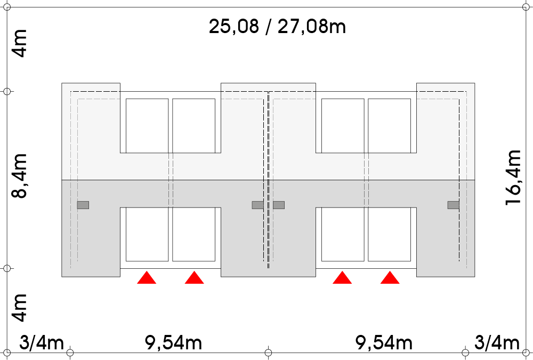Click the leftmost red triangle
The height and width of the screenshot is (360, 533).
pyautogui.click(x=147, y=278)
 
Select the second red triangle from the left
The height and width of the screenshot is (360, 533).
pyautogui.click(x=195, y=278)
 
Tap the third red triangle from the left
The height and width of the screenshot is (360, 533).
pyautogui.click(x=342, y=278)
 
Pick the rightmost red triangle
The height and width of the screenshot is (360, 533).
pyautogui.click(x=390, y=278)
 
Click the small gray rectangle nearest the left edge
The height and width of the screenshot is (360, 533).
pyautogui.click(x=83, y=205)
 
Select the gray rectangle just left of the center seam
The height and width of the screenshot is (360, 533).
pyautogui.click(x=257, y=205)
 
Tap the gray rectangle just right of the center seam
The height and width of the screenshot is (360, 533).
pyautogui.click(x=279, y=205)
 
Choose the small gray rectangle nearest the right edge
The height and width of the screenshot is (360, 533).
pyautogui.click(x=453, y=205)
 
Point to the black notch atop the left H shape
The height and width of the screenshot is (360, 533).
pyautogui.click(x=171, y=117)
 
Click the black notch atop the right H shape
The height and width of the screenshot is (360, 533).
pyautogui.click(x=366, y=117)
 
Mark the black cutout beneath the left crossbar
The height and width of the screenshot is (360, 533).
pyautogui.click(x=171, y=240)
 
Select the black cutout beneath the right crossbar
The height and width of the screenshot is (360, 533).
pyautogui.click(x=366, y=240)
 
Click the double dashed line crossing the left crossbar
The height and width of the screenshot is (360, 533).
pyautogui.click(x=171, y=180)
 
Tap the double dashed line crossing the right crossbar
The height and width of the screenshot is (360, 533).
pyautogui.click(x=367, y=180)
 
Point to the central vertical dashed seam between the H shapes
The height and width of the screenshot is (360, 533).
pyautogui.click(x=268, y=180)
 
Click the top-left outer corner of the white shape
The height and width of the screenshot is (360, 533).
pyautogui.click(x=62, y=84)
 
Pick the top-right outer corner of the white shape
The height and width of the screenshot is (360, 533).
pyautogui.click(x=474, y=84)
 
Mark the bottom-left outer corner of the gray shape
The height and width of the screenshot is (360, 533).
pyautogui.click(x=62, y=276)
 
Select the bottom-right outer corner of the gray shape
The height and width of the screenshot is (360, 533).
pyautogui.click(x=474, y=276)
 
